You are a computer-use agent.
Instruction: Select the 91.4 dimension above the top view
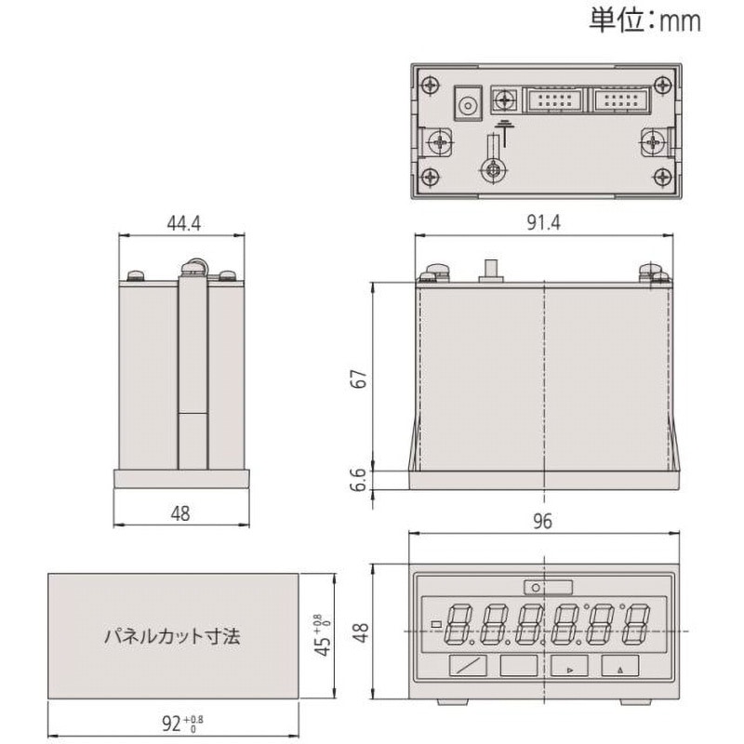click(x=542, y=225)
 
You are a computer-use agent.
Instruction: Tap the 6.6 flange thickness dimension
click(x=356, y=480)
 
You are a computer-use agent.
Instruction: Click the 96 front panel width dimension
click(x=542, y=522)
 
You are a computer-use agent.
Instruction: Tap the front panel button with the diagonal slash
click(x=467, y=666)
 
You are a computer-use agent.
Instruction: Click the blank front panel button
click(x=518, y=666)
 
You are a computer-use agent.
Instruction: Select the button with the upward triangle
click(x=619, y=666)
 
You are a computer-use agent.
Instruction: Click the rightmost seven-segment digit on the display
click(x=635, y=623)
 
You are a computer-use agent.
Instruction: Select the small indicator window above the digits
click(x=548, y=587)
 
